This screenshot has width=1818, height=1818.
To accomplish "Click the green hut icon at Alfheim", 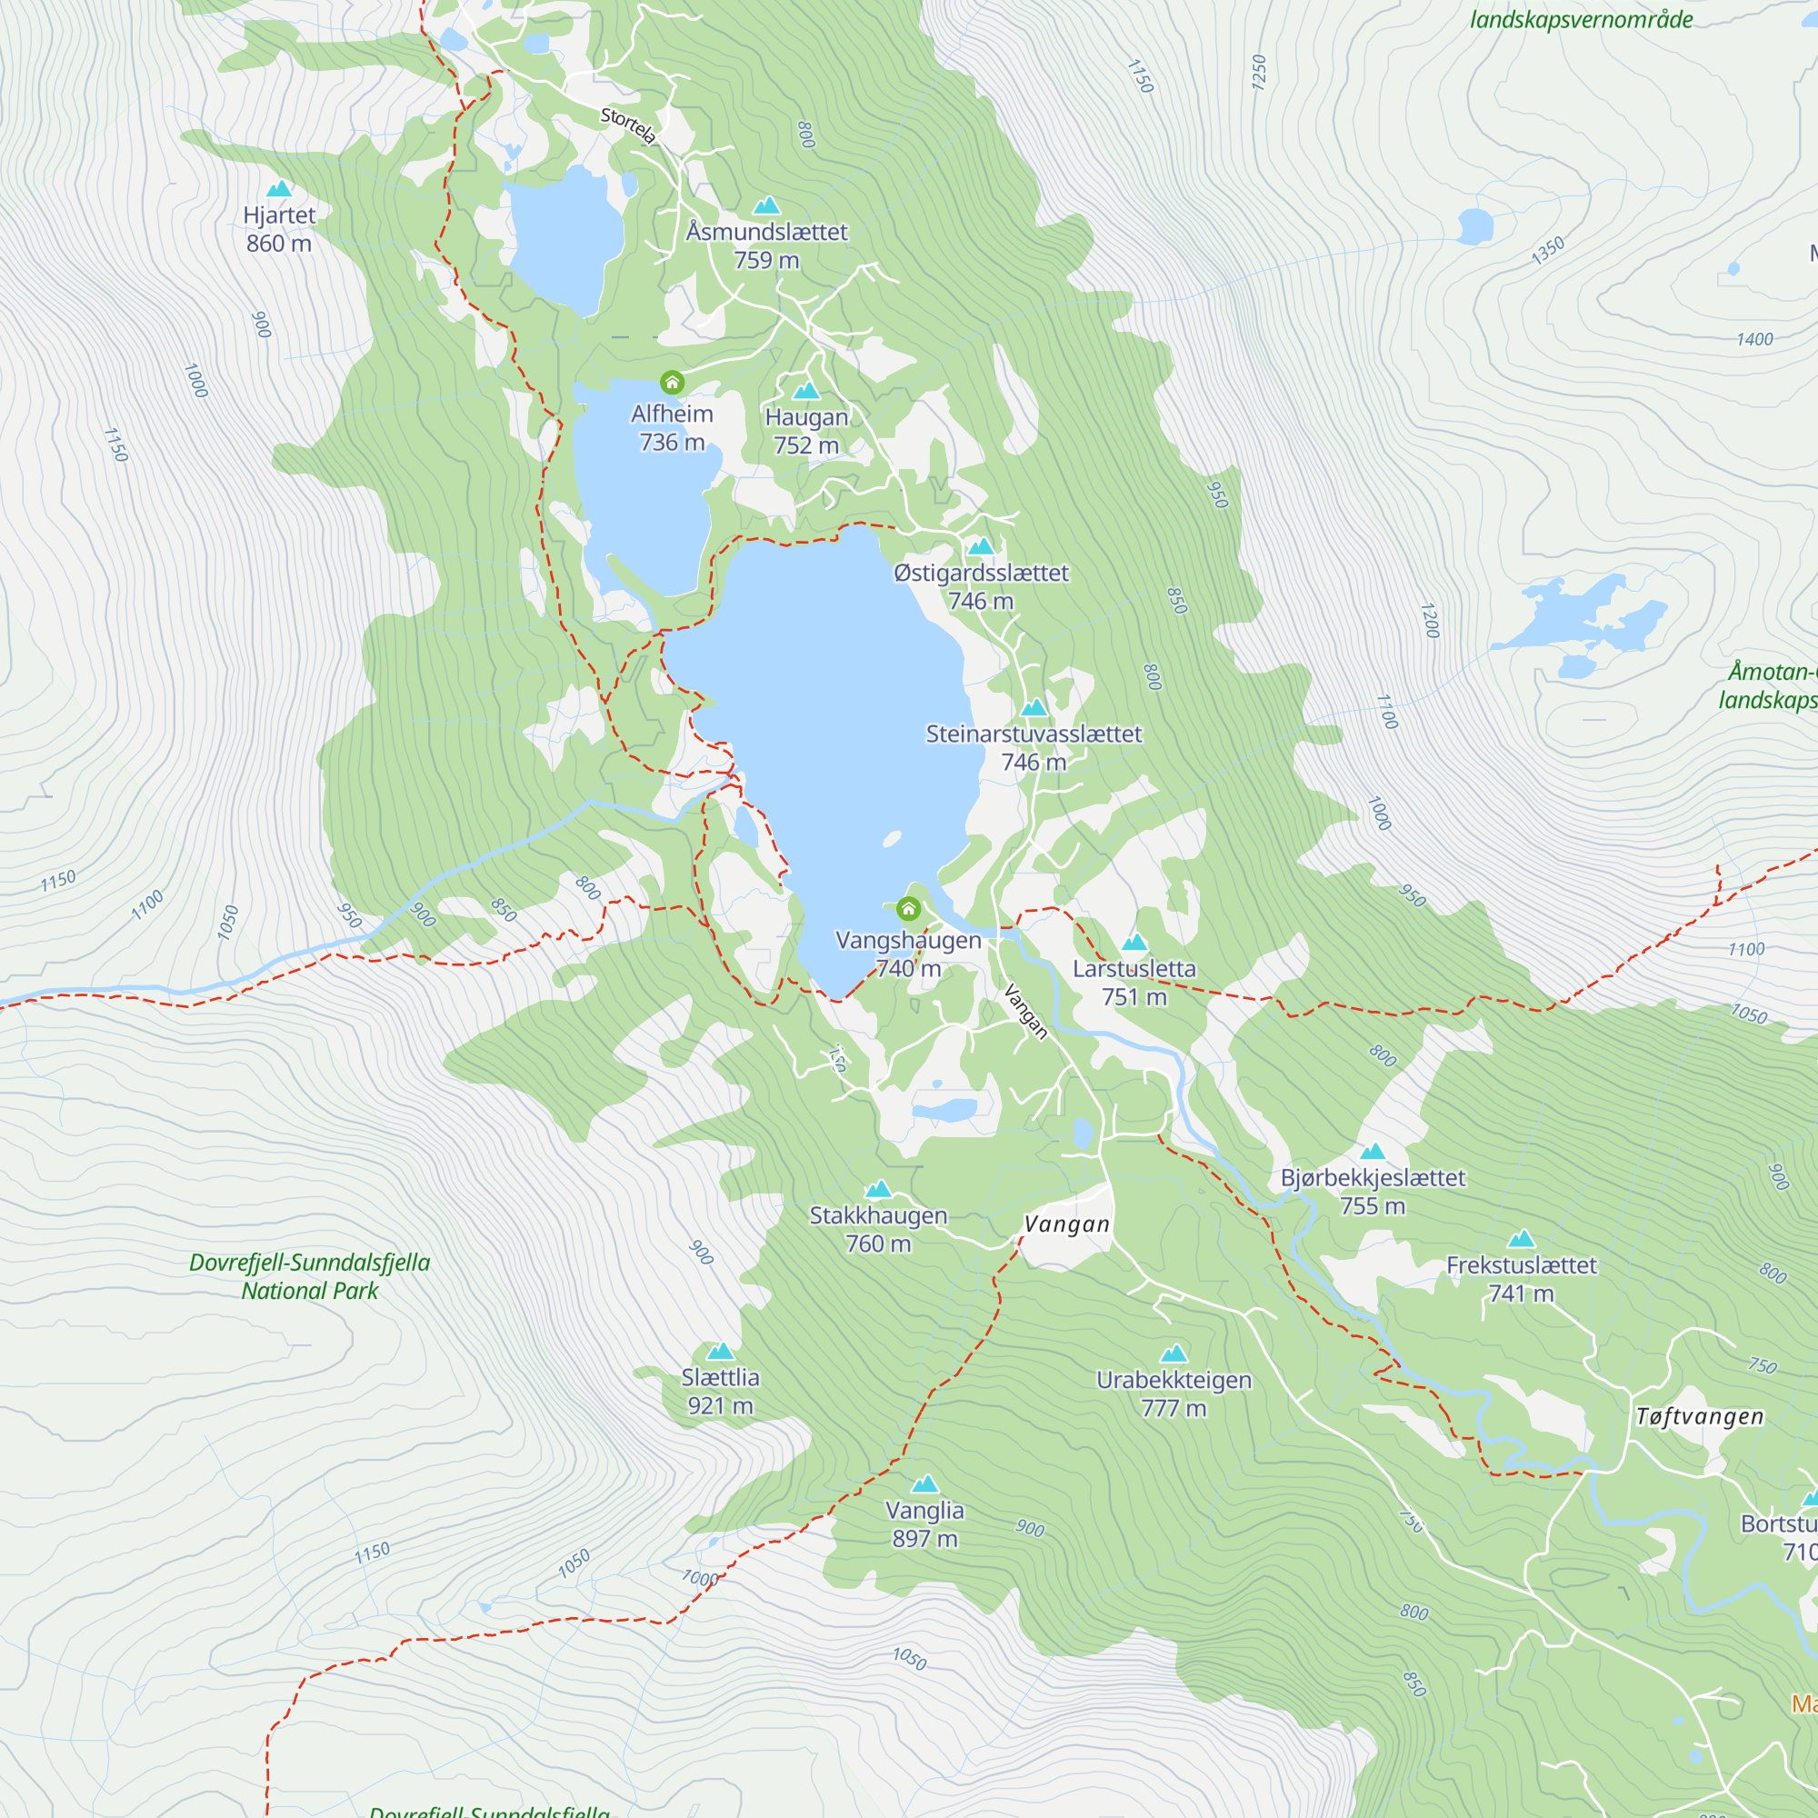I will (672, 382).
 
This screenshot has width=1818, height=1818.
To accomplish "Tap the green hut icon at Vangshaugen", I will (908, 908).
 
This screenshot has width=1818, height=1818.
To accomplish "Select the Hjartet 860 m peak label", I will (278, 229).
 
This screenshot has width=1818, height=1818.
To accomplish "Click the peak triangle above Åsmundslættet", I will (767, 205).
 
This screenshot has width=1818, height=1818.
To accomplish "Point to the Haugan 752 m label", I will (805, 431).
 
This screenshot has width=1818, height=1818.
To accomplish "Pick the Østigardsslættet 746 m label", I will (981, 586).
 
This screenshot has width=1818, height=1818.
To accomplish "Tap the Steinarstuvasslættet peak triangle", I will (1034, 707).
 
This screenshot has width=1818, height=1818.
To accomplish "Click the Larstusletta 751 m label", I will (1134, 983).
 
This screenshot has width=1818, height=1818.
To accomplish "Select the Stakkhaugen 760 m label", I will (878, 1229).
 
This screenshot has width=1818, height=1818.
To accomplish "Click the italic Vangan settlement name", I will (1067, 1224).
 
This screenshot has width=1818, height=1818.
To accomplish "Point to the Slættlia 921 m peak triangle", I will (720, 1353).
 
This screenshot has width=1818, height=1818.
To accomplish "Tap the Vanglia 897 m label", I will (924, 1523).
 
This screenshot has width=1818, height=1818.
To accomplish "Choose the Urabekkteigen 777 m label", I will (1174, 1393).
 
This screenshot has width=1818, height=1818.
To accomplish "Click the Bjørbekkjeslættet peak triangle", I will (1373, 1152).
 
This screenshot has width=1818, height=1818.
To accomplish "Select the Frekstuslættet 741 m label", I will (1521, 1279).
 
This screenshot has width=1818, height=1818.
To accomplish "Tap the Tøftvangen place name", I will (1700, 1416).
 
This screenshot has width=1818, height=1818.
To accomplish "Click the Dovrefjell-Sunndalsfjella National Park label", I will (310, 1276).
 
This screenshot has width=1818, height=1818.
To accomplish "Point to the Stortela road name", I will (627, 125).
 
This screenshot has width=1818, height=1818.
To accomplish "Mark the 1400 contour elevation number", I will (1754, 340).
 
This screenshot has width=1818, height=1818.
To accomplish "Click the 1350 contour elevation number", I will (1548, 250).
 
